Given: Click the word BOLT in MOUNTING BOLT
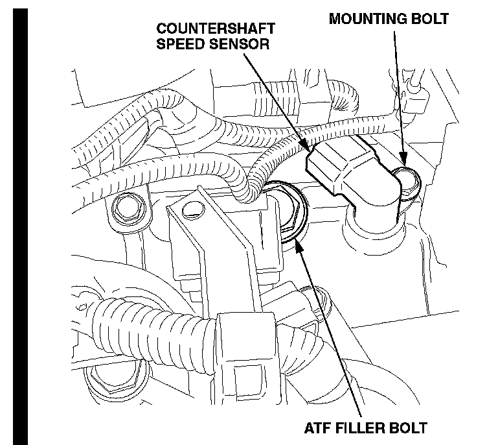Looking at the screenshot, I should (429, 18).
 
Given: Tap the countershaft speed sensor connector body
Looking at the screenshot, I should (337, 167).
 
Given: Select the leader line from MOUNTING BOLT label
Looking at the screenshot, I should (397, 91).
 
